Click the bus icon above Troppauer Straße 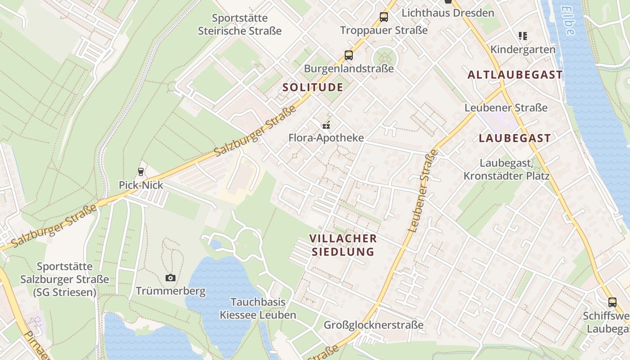[383, 17]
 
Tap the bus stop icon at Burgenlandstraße [349, 55]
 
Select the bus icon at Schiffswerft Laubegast [612, 302]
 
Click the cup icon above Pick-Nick [140, 171]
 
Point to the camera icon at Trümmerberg [170, 278]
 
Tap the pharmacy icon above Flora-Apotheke [326, 125]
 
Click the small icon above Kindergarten [522, 36]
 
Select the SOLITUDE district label [313, 87]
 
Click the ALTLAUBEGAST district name [515, 75]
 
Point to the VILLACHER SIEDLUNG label [343, 245]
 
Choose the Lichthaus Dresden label [448, 13]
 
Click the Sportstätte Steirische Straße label [239, 24]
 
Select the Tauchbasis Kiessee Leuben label [258, 308]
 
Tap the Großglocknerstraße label [373, 324]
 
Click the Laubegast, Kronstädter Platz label [506, 169]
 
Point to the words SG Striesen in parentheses [65, 292]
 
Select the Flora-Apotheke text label [326, 137]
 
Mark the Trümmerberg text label [171, 291]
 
